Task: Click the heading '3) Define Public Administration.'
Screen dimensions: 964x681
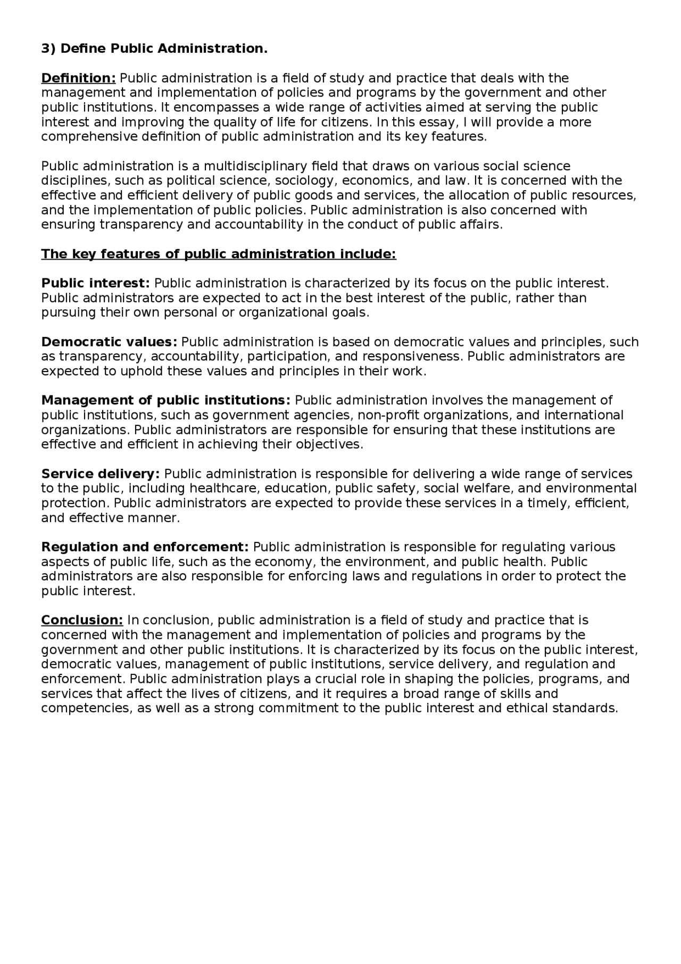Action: [154, 49]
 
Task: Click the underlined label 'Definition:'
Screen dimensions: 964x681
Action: [78, 78]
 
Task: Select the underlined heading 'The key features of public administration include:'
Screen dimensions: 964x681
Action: [219, 254]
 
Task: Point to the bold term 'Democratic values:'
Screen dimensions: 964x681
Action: [109, 342]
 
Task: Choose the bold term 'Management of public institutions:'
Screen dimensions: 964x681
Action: [166, 400]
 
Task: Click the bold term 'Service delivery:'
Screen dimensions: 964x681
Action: [101, 474]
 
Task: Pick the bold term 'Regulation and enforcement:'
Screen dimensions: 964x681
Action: [145, 547]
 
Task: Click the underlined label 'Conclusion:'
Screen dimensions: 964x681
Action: [82, 620]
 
